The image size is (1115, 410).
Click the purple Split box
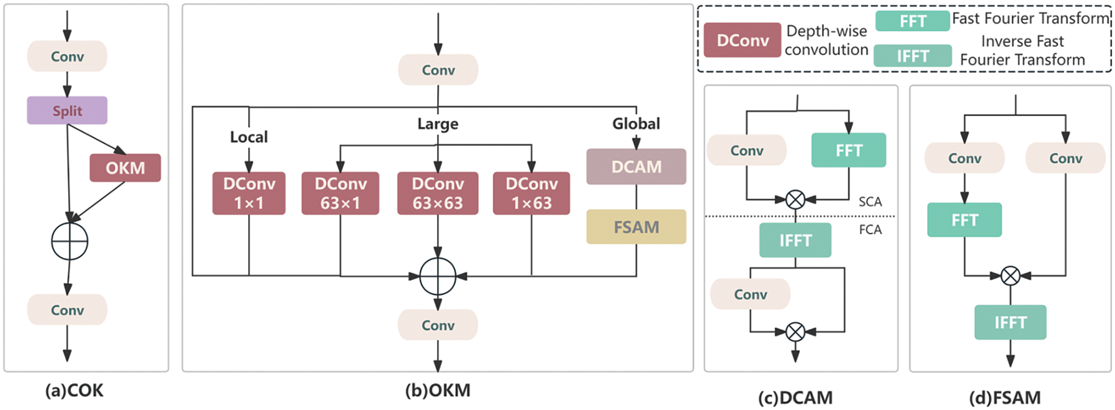67,110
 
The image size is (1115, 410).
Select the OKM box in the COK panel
125,168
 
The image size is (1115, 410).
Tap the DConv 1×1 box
249,193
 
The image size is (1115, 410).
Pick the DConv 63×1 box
340,193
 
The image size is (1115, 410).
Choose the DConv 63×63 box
438,193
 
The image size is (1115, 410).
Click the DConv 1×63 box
531,193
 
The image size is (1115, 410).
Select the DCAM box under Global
636,167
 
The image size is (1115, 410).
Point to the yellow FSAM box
636,227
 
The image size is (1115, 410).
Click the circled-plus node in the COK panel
70,241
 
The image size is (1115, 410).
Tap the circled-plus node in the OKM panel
438,276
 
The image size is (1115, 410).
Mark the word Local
249,137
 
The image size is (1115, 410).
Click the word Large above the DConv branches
438,124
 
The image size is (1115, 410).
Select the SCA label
870,202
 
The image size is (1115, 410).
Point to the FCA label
870,229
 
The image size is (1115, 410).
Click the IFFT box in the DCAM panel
795,240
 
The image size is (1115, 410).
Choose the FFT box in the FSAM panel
964,220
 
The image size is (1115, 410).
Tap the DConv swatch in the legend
742,40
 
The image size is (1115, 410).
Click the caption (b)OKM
438,391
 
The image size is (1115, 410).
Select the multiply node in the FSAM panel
1010,276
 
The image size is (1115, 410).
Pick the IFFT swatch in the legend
913,56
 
